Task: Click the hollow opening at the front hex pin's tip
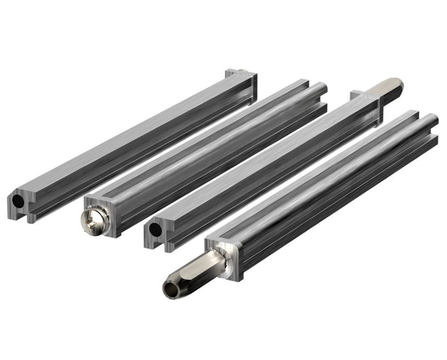(171, 289)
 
